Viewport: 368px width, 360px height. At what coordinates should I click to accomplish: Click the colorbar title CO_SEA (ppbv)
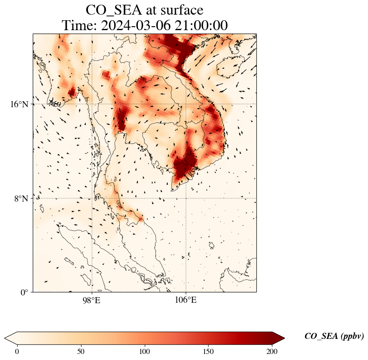pyautogui.click(x=334, y=337)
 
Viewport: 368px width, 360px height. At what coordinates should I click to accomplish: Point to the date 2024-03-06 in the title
pyautogui.click(x=137, y=26)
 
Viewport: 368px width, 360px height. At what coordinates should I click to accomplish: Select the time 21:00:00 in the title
pyautogui.click(x=201, y=26)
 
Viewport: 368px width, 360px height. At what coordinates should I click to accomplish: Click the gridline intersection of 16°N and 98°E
pyautogui.click(x=91, y=104)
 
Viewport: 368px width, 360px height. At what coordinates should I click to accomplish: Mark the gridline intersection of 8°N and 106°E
pyautogui.click(x=186, y=198)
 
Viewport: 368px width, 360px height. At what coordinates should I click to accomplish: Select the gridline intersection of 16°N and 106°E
pyautogui.click(x=186, y=104)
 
